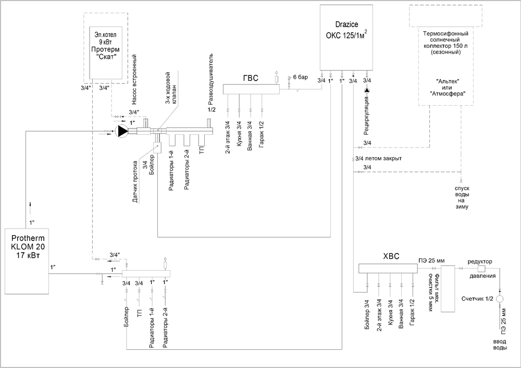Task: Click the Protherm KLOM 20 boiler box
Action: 27,260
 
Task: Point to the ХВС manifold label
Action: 390,256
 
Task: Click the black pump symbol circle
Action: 121,132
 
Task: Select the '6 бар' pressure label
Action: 301,77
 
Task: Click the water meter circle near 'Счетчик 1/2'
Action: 500,299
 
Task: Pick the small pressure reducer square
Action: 481,269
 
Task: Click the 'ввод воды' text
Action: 500,345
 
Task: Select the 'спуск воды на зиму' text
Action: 462,197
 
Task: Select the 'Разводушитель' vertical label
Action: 211,78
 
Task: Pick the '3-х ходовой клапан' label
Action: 171,89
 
